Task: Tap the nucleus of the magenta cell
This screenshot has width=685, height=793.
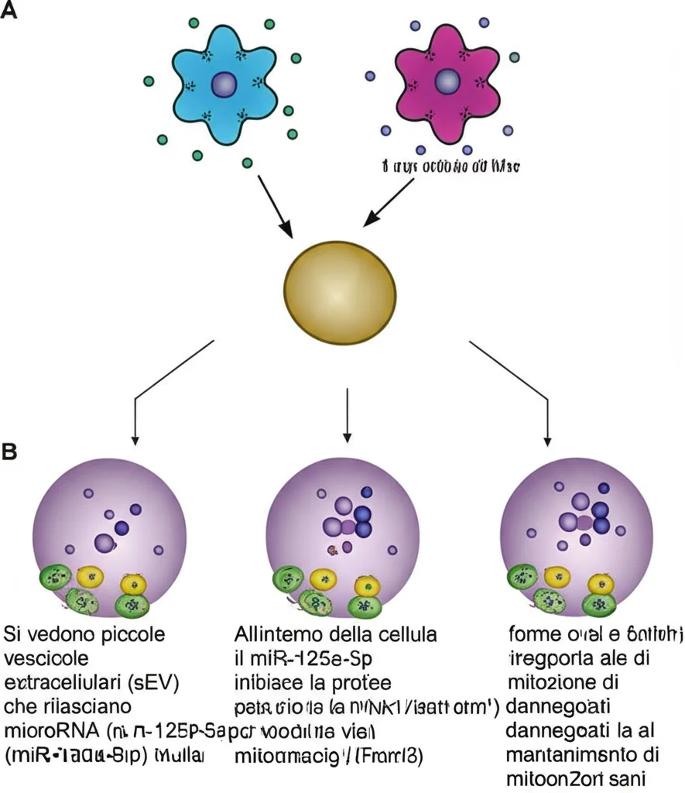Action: coord(447,81)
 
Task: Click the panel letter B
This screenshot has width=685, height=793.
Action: coord(10,451)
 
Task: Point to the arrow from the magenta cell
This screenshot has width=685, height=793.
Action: coord(392,203)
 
